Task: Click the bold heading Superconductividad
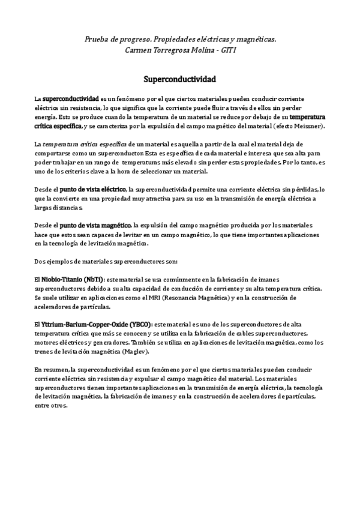click(179, 79)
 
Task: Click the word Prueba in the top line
click(97, 39)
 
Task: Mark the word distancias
click(66, 208)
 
